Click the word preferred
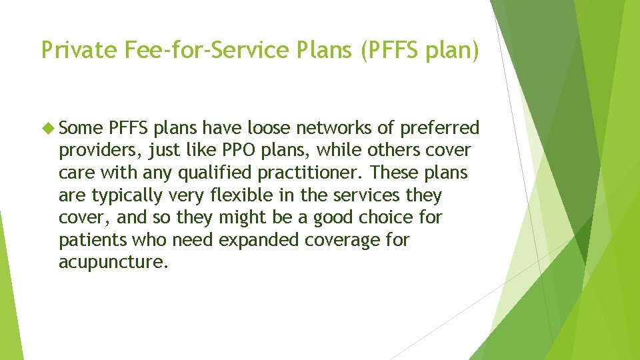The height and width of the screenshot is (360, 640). tap(439, 128)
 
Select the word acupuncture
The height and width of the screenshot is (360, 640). tap(109, 263)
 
